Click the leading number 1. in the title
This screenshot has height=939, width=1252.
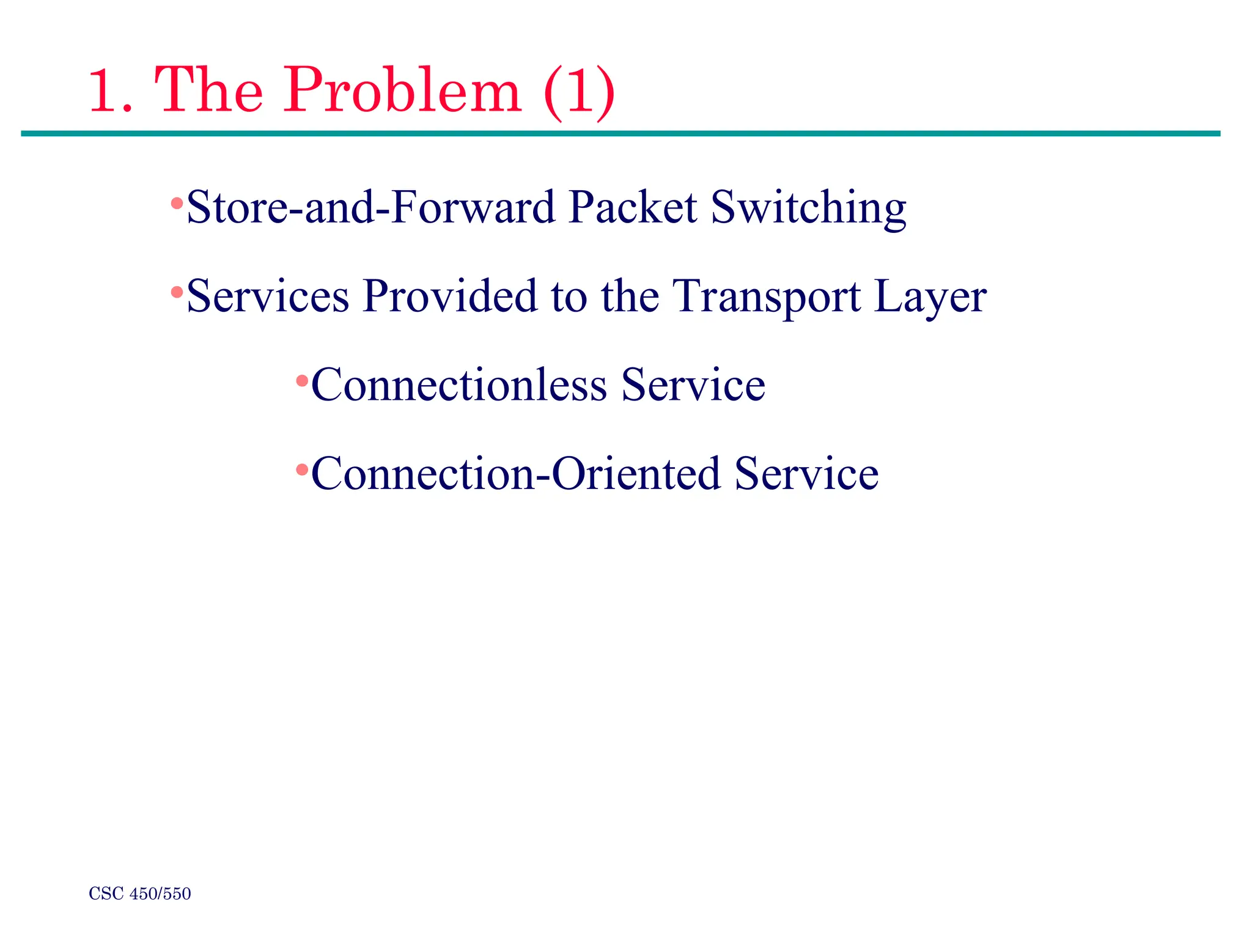tap(111, 92)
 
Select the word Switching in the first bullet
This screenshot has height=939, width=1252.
tap(808, 208)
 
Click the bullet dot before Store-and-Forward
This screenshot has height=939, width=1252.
tap(177, 203)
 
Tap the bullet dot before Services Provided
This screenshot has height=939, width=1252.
tap(177, 292)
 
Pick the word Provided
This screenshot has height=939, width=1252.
tap(449, 296)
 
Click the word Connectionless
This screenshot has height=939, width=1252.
tap(458, 385)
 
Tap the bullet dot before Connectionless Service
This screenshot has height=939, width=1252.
tap(302, 381)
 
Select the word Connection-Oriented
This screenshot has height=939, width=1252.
tap(515, 474)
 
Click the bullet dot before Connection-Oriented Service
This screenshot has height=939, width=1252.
tap(302, 470)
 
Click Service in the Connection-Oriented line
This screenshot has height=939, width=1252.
tap(806, 474)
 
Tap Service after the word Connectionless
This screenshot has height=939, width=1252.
tap(693, 385)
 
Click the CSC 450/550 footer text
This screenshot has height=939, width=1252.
tap(140, 894)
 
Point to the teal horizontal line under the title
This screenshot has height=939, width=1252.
tap(620, 133)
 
